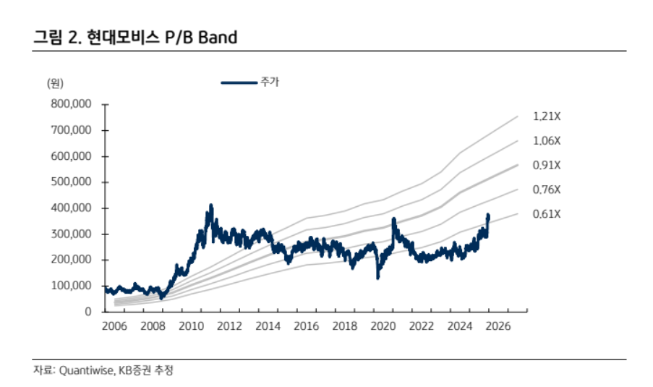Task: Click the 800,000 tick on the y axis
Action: (71, 104)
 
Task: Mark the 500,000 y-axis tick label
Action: (71, 182)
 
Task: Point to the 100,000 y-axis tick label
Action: (71, 286)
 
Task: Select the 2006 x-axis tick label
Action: (114, 326)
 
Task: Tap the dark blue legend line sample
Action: (239, 83)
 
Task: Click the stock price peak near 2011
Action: (211, 206)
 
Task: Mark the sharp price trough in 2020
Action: (377, 277)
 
